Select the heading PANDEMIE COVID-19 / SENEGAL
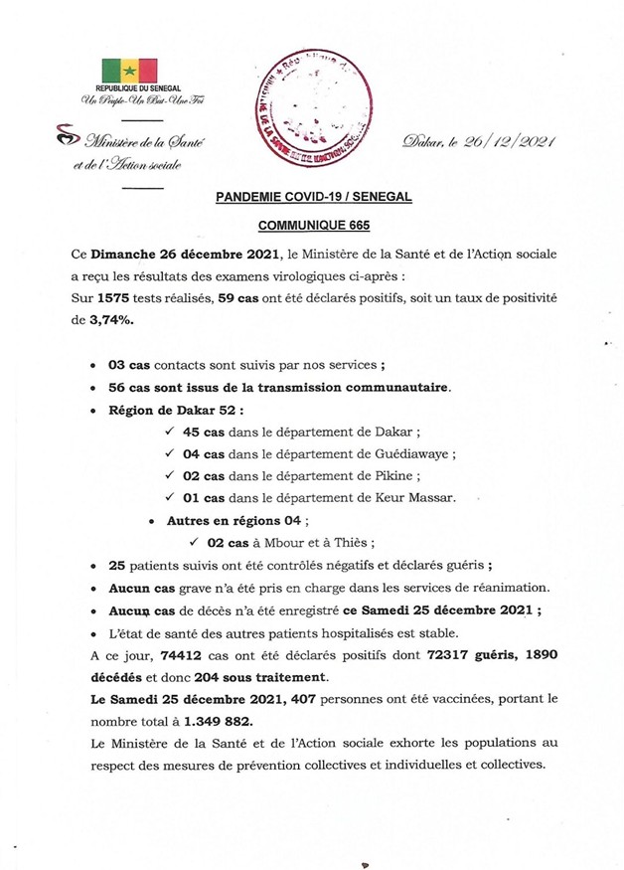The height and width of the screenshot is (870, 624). coord(313,198)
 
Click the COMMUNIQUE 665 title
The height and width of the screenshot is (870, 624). coord(313,227)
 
